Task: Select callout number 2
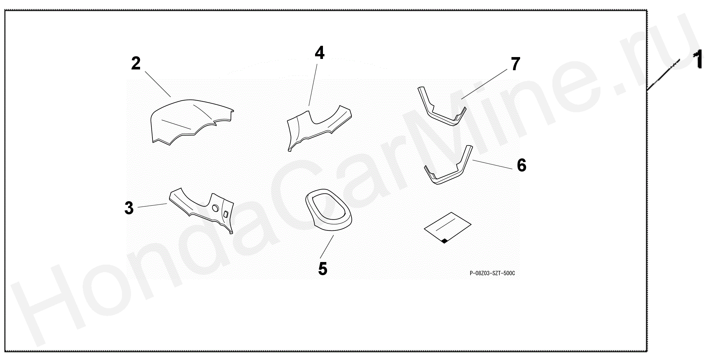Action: click(136, 63)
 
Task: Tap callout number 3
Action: click(129, 208)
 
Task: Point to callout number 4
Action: click(320, 53)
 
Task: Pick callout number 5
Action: click(323, 269)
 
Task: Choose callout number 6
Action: click(522, 165)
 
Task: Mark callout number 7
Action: click(516, 64)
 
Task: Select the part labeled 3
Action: click(201, 208)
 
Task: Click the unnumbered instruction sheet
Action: click(447, 227)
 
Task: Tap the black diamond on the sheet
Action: click(444, 241)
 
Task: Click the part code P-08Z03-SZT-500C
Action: click(492, 273)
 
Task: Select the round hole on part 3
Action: click(215, 208)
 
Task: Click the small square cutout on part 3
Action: click(226, 214)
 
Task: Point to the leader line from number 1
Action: click(664, 75)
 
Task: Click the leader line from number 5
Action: click(327, 247)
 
